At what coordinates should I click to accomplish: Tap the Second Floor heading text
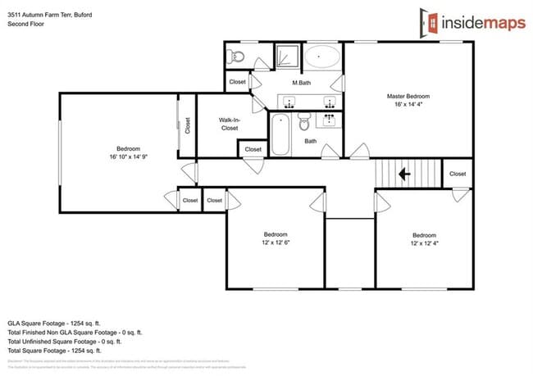25,24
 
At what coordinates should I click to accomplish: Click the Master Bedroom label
408,96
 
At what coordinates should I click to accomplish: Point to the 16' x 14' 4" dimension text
408,104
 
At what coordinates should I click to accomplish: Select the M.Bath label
301,84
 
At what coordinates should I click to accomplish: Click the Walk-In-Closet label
229,125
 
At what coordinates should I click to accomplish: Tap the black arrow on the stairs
403,174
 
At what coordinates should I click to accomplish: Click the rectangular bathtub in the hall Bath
280,134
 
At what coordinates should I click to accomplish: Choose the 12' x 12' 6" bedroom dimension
276,242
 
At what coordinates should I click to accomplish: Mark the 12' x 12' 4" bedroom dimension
424,242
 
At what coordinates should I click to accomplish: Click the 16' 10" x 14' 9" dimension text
128,156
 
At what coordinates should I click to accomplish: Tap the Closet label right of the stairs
458,174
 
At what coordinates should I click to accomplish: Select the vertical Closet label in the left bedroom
187,125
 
